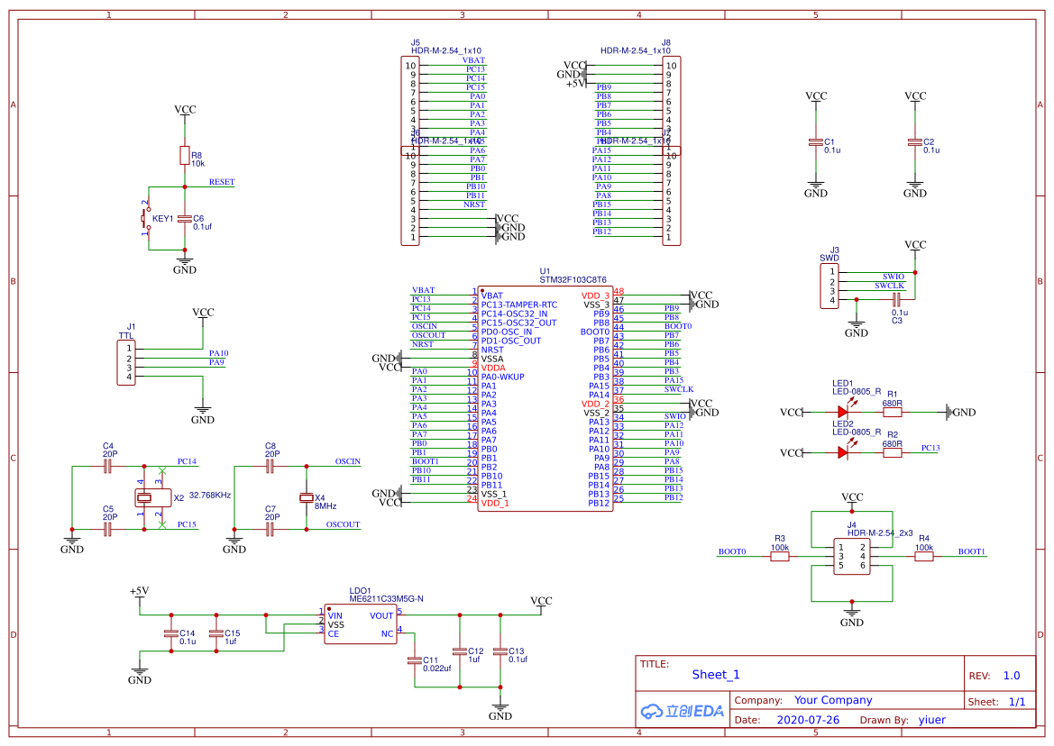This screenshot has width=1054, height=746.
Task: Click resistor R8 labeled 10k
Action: coord(185,155)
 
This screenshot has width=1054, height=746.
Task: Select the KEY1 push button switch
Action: coord(143,218)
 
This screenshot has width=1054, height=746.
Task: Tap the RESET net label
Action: coord(222,182)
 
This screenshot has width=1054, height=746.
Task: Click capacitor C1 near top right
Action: coord(816,142)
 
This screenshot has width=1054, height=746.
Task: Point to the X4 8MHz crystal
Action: coord(307,498)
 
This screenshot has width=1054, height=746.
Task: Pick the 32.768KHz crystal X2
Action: coord(144,497)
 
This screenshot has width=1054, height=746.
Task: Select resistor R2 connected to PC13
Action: coord(892,452)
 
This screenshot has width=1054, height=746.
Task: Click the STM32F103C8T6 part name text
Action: coord(573,280)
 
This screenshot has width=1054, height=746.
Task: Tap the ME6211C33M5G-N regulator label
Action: coord(386,598)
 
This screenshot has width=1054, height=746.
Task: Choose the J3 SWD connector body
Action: coord(829,287)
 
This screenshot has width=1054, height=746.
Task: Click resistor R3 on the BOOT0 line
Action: coord(780,556)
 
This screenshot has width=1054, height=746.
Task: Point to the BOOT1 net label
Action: coord(971,551)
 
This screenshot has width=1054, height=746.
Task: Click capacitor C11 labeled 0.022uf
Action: coord(415,660)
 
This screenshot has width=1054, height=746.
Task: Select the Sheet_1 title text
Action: coord(716,675)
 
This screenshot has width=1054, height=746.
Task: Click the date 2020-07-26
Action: coord(808,720)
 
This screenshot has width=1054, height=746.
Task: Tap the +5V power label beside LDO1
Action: coord(139,591)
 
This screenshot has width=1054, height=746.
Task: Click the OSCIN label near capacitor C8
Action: coord(347,461)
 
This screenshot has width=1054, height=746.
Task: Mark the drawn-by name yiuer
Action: coord(931,720)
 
